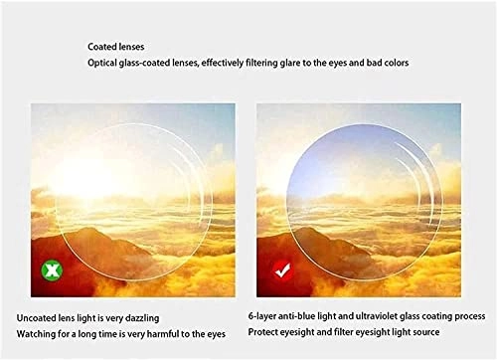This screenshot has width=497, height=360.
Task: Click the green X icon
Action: pyautogui.click(x=52, y=270)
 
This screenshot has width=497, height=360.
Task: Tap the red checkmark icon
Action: pyautogui.click(x=282, y=270)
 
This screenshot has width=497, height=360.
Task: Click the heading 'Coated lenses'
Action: pyautogui.click(x=116, y=47)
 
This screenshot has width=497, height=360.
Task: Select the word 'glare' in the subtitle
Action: pyautogui.click(x=290, y=63)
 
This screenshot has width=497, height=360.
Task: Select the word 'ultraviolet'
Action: pyautogui.click(x=377, y=316)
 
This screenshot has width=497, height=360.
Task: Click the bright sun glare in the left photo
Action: pyautogui.click(x=86, y=179)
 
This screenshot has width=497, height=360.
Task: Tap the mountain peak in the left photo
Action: pyautogui.click(x=86, y=230)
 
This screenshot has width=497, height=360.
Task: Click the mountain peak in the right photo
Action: pyautogui.click(x=311, y=230)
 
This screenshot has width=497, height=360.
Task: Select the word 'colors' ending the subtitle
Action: pyautogui.click(x=396, y=63)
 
